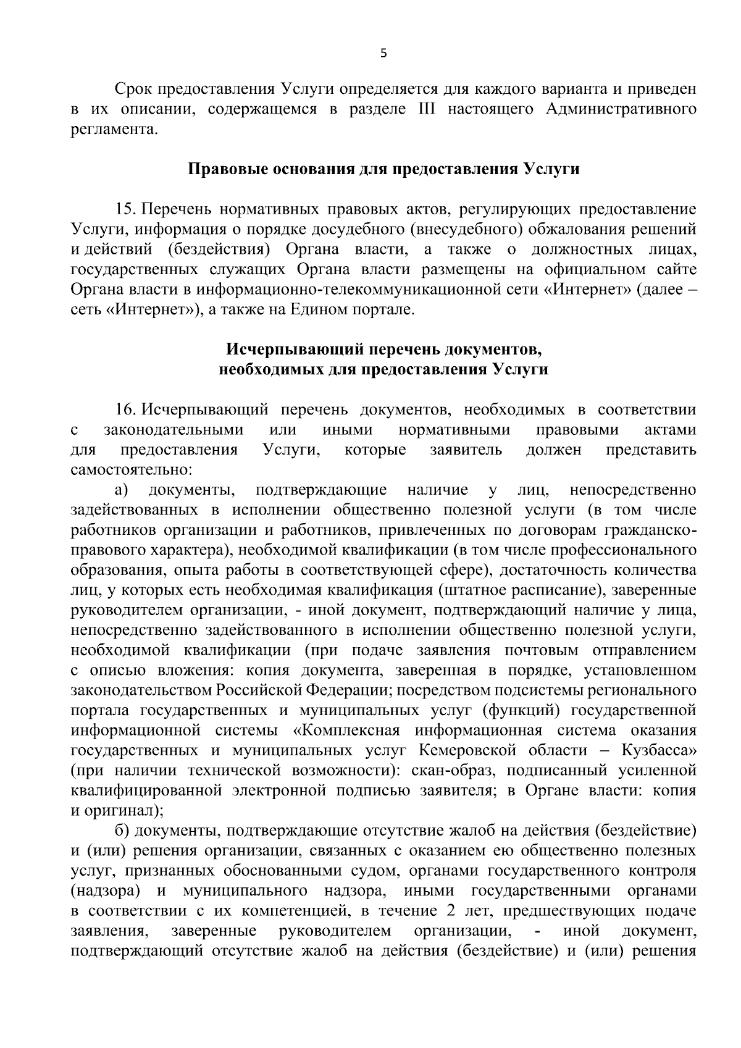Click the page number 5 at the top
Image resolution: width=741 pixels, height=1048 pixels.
(383, 54)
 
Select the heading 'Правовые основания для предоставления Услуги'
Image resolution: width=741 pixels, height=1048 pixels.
(383, 169)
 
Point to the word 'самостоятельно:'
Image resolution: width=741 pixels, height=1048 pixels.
(123, 470)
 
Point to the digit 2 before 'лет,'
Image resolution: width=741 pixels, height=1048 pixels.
(450, 912)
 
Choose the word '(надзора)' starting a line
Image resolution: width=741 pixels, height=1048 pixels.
(104, 891)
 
